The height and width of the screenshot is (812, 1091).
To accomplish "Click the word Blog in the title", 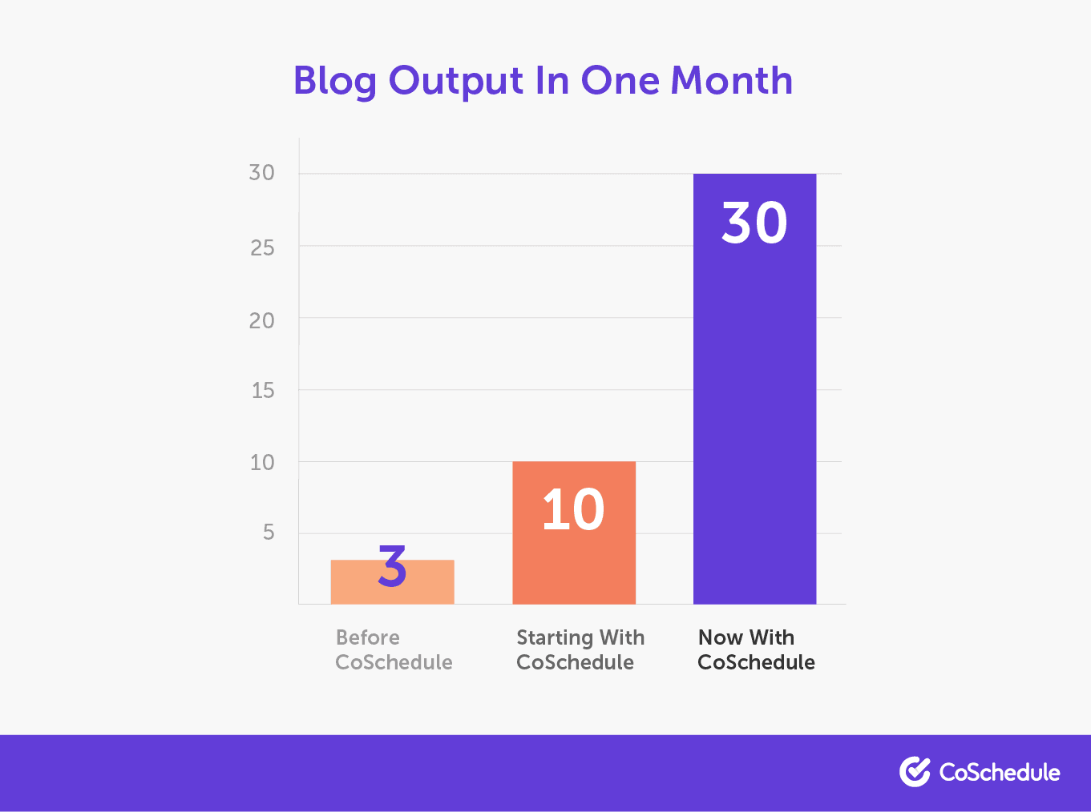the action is coord(335,81).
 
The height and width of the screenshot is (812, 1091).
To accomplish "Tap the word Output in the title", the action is coord(456,81).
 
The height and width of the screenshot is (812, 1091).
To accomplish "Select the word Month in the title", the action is coord(732,80).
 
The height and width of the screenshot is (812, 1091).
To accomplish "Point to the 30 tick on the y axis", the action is coord(261,172).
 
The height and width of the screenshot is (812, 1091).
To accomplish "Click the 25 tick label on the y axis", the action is coord(262,248).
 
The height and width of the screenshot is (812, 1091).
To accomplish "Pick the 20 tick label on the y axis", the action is coord(261,321).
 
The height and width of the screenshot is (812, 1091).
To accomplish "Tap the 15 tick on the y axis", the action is coord(263,391).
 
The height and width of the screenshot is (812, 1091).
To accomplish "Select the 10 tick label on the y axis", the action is coord(262,463).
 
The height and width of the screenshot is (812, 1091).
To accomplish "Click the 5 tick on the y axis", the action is coord(269,533).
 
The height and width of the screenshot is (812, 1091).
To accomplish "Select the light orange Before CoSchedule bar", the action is coord(393,582).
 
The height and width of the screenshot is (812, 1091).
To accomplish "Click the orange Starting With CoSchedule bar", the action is coord(574,533).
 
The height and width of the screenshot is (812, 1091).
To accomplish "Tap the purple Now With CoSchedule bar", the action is coord(755,389).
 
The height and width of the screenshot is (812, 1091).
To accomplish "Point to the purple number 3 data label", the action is coord(393,566).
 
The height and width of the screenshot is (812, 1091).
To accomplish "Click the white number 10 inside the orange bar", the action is coord(573,509).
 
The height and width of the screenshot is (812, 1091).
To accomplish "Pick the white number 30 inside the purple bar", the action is coord(754,223).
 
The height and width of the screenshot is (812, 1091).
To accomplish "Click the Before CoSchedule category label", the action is coord(394,649).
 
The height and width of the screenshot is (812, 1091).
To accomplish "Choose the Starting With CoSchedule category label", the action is coord(580,649).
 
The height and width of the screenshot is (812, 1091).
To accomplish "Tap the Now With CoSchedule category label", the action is coord(756,649).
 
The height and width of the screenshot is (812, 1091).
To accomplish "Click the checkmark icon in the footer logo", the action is coord(915,772).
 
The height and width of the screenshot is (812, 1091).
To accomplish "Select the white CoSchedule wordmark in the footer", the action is coord(1000,773).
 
